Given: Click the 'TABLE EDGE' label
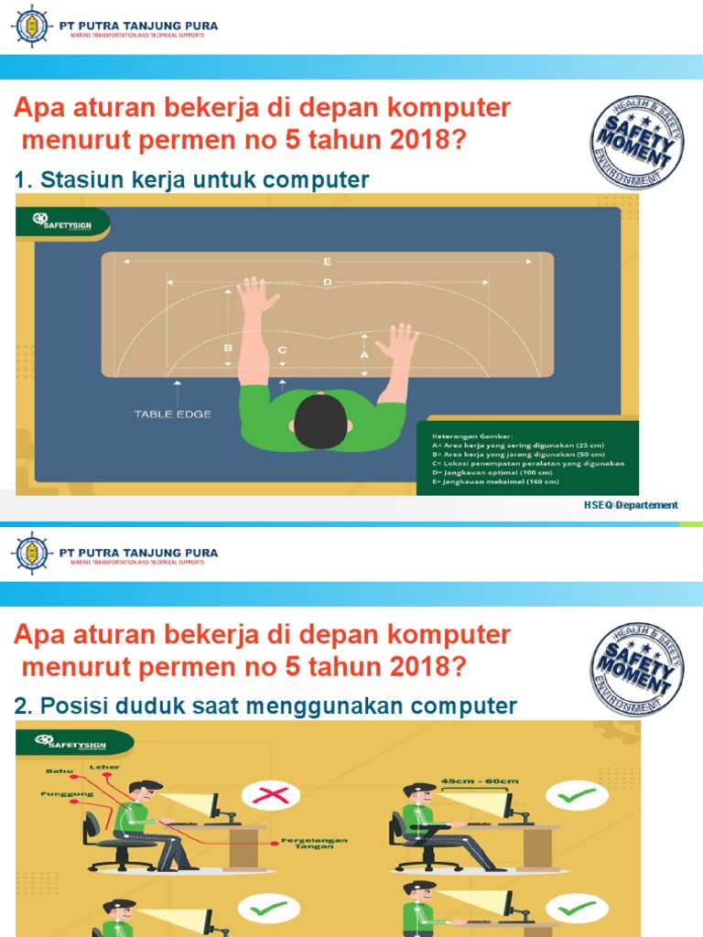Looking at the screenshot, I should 172,415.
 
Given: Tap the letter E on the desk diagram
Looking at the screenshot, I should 327,262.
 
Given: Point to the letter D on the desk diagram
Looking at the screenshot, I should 327,284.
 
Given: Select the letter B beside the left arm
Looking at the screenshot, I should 228,349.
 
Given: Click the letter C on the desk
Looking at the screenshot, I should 282,350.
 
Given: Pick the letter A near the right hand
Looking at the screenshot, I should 364,354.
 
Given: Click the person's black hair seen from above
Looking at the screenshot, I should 321,422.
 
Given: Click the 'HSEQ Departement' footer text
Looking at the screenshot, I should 631,505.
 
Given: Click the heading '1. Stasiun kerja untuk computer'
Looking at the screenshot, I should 192,180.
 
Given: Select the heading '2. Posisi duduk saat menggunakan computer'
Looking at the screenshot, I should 266,705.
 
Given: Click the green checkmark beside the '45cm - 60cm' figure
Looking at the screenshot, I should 577,795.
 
